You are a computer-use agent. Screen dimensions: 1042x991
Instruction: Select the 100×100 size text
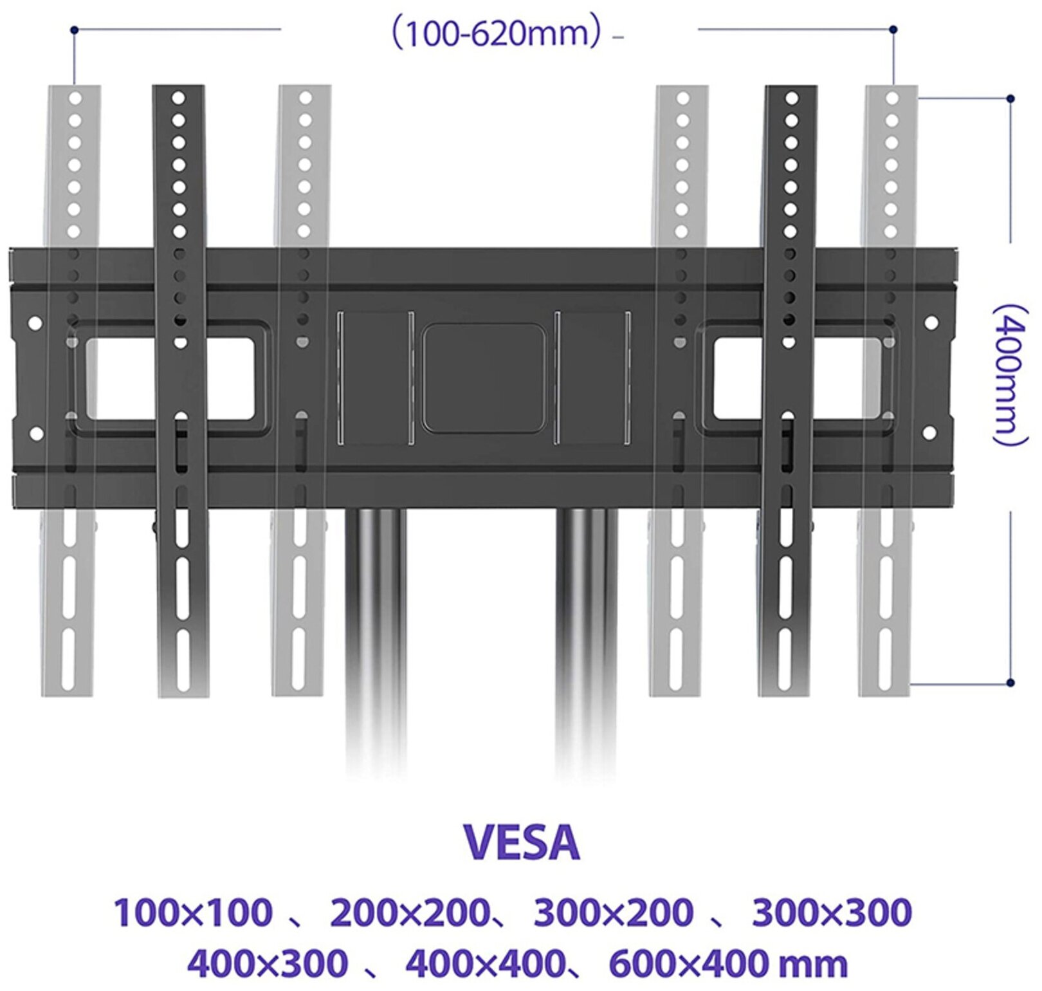pyautogui.click(x=193, y=912)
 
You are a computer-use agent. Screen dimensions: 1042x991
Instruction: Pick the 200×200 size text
pyautogui.click(x=409, y=912)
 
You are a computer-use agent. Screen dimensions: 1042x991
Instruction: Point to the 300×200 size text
pyautogui.click(x=614, y=912)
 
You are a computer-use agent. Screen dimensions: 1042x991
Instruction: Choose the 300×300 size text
pyautogui.click(x=832, y=912)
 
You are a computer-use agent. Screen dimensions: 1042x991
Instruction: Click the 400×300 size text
pyautogui.click(x=268, y=963)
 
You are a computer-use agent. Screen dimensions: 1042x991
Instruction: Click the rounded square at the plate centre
pyautogui.click(x=484, y=378)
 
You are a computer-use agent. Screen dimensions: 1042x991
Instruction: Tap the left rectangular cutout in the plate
pyautogui.click(x=170, y=378)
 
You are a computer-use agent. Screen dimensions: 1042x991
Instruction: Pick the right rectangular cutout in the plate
pyautogui.click(x=798, y=378)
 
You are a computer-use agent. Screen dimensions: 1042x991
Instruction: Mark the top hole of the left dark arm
pyautogui.click(x=179, y=98)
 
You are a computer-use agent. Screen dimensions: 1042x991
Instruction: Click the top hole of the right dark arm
pyautogui.click(x=792, y=98)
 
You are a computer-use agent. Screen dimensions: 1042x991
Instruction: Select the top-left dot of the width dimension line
pyautogui.click(x=74, y=30)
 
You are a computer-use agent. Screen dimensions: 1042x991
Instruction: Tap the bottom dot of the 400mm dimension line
pyautogui.click(x=1010, y=682)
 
